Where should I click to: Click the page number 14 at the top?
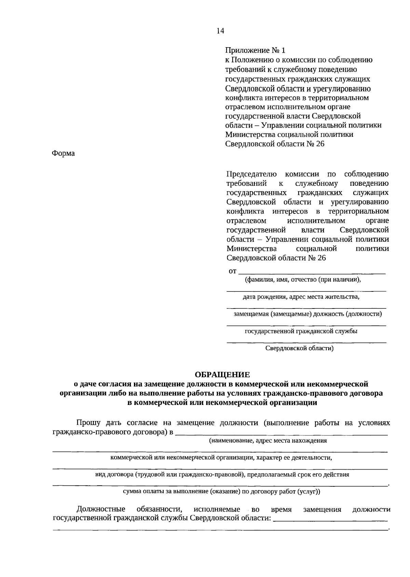click(220, 31)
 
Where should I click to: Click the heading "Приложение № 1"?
click(255, 51)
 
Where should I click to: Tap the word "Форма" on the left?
click(63, 154)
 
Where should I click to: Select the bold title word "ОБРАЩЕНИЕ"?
click(222, 375)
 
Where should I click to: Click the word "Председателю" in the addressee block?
click(251, 174)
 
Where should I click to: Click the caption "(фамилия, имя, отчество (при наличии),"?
click(303, 280)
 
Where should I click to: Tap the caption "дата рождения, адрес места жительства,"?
click(301, 297)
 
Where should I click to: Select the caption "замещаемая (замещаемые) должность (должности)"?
click(307, 314)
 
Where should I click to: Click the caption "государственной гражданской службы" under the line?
click(301, 331)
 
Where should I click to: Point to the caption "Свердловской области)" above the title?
click(299, 349)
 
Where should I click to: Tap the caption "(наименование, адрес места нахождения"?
click(268, 441)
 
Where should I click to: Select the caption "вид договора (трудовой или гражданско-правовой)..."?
click(222, 475)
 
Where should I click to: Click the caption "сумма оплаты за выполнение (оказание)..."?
click(221, 492)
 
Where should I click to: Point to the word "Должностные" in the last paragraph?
click(101, 509)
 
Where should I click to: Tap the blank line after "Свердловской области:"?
click(330, 520)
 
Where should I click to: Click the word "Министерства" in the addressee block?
click(251, 248)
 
